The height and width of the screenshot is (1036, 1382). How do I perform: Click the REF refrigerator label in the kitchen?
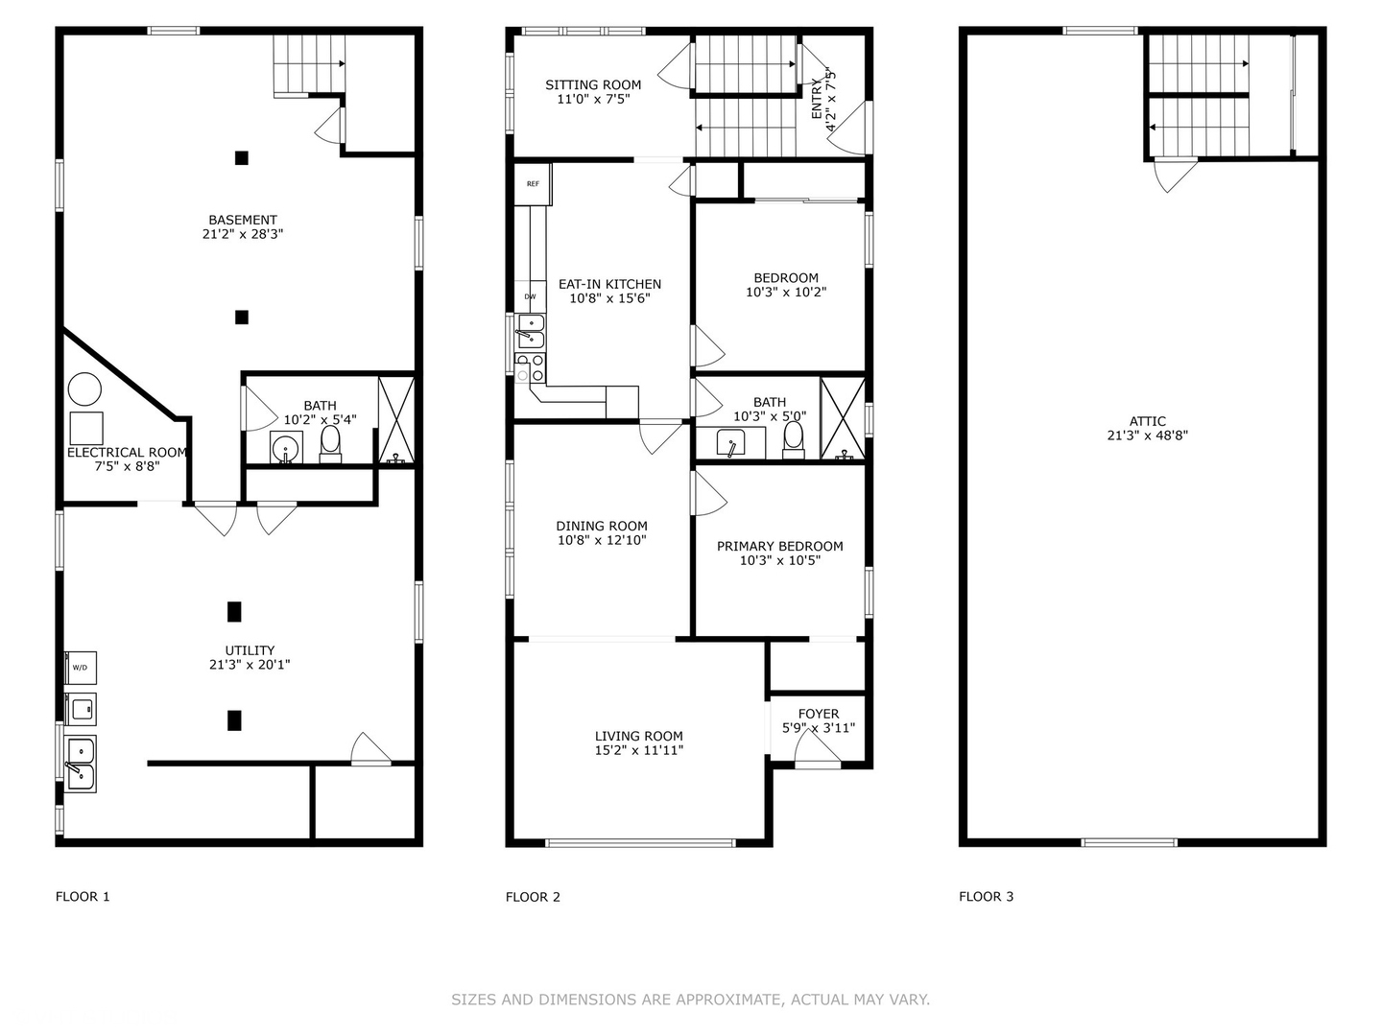click(x=533, y=183)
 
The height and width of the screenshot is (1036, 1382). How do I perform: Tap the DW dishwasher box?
click(x=530, y=296)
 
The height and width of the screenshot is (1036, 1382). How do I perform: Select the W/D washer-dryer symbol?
click(x=81, y=668)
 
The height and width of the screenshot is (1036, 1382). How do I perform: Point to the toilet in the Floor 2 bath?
click(x=794, y=439)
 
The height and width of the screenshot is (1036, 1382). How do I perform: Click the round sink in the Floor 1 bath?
click(x=286, y=448)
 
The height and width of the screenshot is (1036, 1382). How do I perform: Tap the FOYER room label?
click(x=818, y=714)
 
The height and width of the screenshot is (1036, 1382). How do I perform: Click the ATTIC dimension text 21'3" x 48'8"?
click(x=1147, y=436)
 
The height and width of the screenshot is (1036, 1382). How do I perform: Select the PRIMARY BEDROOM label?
click(x=779, y=546)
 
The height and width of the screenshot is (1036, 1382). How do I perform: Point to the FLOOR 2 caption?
click(x=533, y=897)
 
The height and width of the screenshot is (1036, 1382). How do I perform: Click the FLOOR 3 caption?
click(x=986, y=897)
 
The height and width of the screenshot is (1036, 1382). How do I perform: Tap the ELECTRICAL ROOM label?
click(x=127, y=452)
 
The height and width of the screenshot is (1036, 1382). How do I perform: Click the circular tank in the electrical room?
click(x=85, y=388)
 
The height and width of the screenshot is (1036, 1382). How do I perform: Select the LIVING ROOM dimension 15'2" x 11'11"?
click(x=639, y=750)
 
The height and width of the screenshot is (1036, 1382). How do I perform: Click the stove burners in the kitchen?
click(x=530, y=368)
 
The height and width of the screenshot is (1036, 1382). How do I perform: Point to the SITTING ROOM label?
click(x=593, y=85)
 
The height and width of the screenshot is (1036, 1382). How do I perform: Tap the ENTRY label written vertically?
click(x=817, y=99)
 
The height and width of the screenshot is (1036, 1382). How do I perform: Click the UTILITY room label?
click(x=250, y=650)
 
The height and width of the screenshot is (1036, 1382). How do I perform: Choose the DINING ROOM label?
click(x=602, y=526)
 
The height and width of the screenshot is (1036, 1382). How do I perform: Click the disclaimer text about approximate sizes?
click(x=691, y=1000)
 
